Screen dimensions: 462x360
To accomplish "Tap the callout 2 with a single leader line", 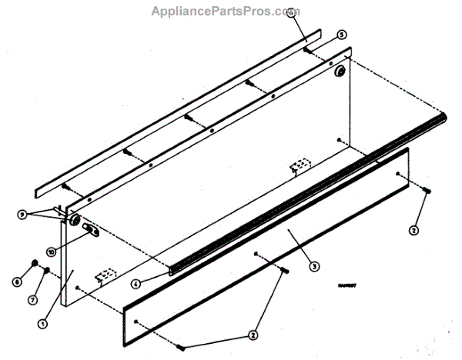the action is click(x=413, y=229).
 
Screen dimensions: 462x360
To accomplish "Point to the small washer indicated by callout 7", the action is click(x=48, y=270).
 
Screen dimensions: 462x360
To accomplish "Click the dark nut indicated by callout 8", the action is click(x=35, y=266).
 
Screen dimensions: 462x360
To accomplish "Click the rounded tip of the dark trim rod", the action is click(x=444, y=118).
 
